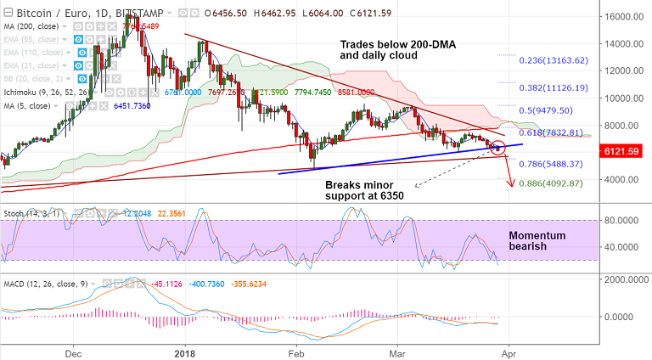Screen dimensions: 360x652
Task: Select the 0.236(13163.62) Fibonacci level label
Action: [554, 59]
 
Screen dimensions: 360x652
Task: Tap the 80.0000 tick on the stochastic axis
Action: [624, 220]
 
